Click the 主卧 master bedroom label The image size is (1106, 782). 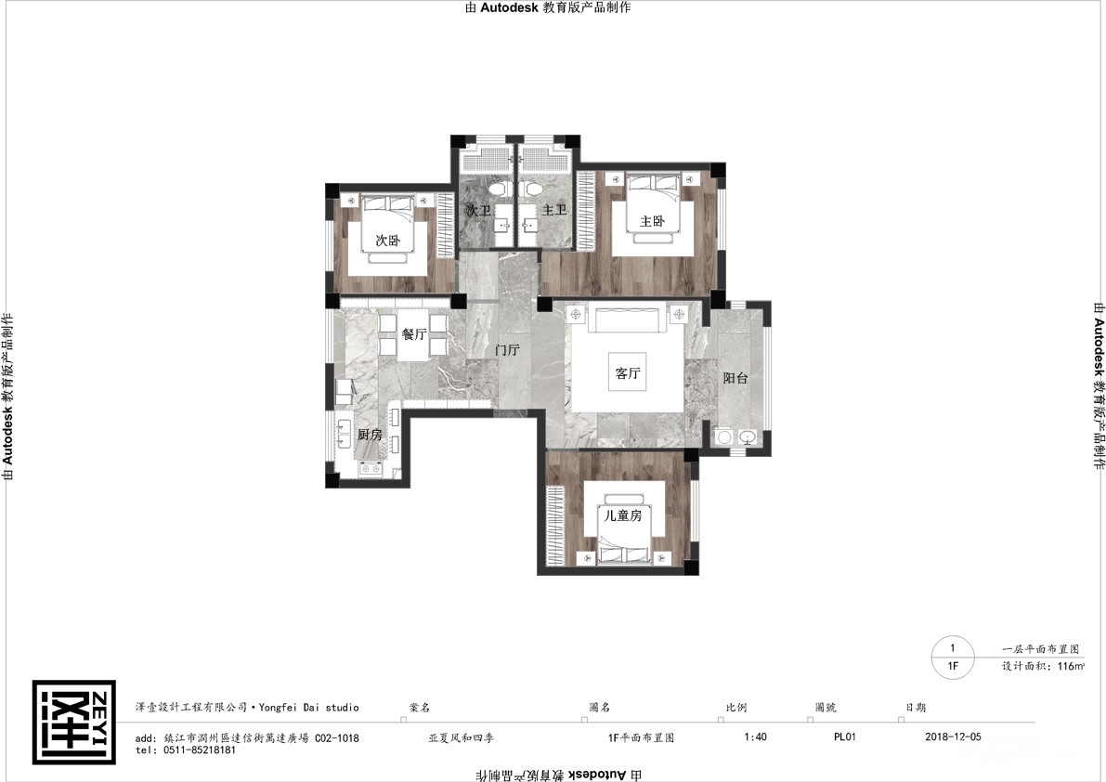pos(652,221)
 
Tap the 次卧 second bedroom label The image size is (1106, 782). pos(387,241)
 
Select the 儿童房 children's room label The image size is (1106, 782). pos(623,515)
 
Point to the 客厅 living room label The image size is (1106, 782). pos(627,373)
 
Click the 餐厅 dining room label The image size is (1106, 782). pos(414,333)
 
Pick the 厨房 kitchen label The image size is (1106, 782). pos(369,435)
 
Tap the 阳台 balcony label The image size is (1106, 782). pos(735,378)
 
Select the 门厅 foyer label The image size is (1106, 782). pos(507,350)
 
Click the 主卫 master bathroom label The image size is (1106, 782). pos(554,210)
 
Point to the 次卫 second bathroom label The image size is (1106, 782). pos(477,210)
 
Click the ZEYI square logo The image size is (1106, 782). pos(74,722)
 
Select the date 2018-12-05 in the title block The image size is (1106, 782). pos(952,736)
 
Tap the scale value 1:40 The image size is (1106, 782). pos(755,736)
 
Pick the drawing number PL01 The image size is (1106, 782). pos(844,736)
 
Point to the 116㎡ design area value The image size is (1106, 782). pos(1070,666)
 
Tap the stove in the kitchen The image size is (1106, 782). pos(371,467)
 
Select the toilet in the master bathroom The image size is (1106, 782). pos(533,189)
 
